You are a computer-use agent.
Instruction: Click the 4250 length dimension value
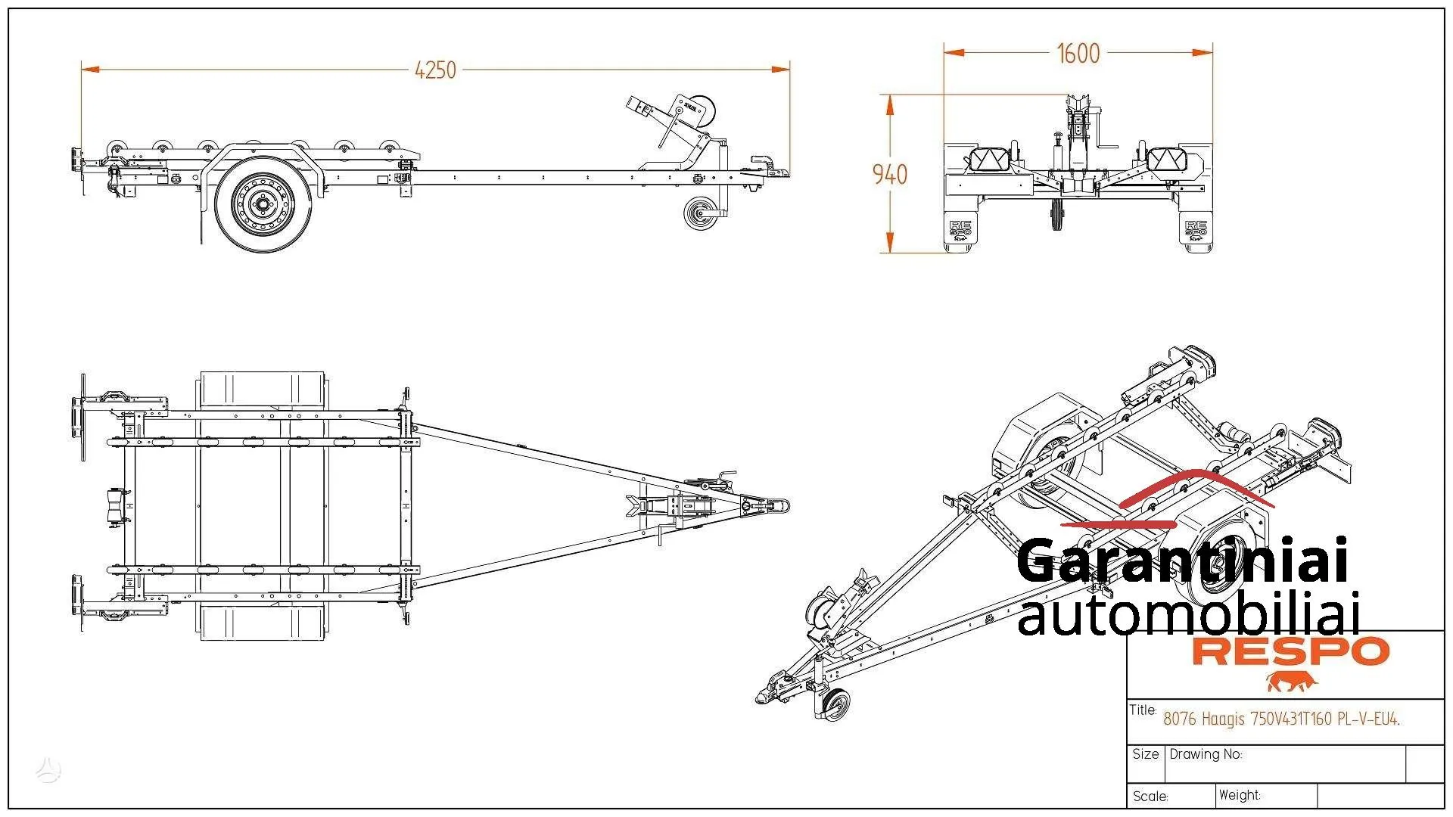point(435,70)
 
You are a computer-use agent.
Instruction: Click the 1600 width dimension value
point(1078,54)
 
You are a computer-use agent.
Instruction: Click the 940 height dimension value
point(889,175)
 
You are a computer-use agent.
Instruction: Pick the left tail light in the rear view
point(989,160)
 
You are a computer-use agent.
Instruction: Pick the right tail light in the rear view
point(1167,160)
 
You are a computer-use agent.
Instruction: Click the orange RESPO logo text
point(1290,651)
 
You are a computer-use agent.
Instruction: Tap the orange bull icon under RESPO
point(1292,681)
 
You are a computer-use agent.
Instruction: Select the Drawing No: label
point(1206,754)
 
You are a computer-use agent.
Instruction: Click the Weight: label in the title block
point(1240,795)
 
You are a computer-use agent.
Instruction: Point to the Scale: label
point(1150,797)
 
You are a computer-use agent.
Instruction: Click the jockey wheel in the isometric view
point(835,704)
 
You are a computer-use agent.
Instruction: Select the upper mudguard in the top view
point(263,390)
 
